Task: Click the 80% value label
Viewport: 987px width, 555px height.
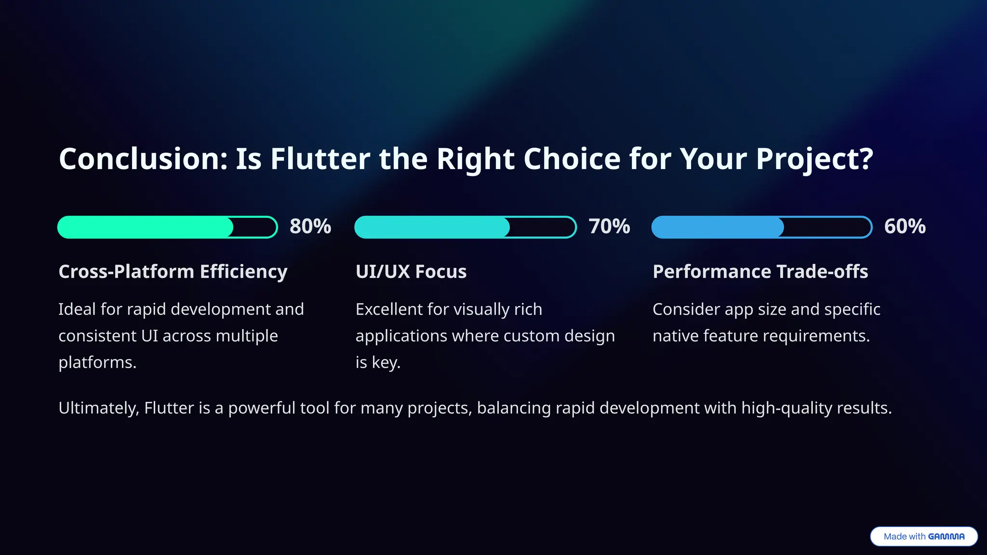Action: click(310, 226)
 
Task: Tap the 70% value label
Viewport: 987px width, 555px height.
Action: click(609, 226)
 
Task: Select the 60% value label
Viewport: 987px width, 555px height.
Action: click(905, 226)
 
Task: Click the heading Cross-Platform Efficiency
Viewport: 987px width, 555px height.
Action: click(173, 272)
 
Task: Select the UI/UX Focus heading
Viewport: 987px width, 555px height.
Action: click(411, 272)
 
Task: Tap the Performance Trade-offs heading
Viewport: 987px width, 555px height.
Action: click(760, 272)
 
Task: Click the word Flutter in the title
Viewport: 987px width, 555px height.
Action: click(320, 159)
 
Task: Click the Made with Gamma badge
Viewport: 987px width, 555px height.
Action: click(923, 536)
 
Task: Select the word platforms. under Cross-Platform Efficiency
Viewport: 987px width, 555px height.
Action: click(97, 362)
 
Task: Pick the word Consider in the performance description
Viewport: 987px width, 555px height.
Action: click(686, 309)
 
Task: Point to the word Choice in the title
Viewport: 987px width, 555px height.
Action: click(572, 159)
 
